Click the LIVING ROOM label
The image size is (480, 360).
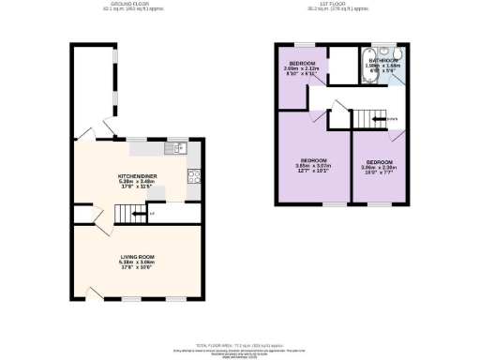tap(136, 255)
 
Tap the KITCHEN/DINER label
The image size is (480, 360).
tap(136, 174)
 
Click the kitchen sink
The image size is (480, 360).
tap(175, 147)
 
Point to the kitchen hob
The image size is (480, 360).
tap(195, 174)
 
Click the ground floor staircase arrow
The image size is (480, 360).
tap(139, 214)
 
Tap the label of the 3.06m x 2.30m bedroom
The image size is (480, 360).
tap(379, 161)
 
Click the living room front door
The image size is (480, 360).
tap(95, 292)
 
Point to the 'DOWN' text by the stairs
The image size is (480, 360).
tap(391, 118)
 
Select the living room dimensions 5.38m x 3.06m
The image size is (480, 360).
tap(136, 262)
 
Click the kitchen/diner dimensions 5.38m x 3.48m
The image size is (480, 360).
tap(136, 181)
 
